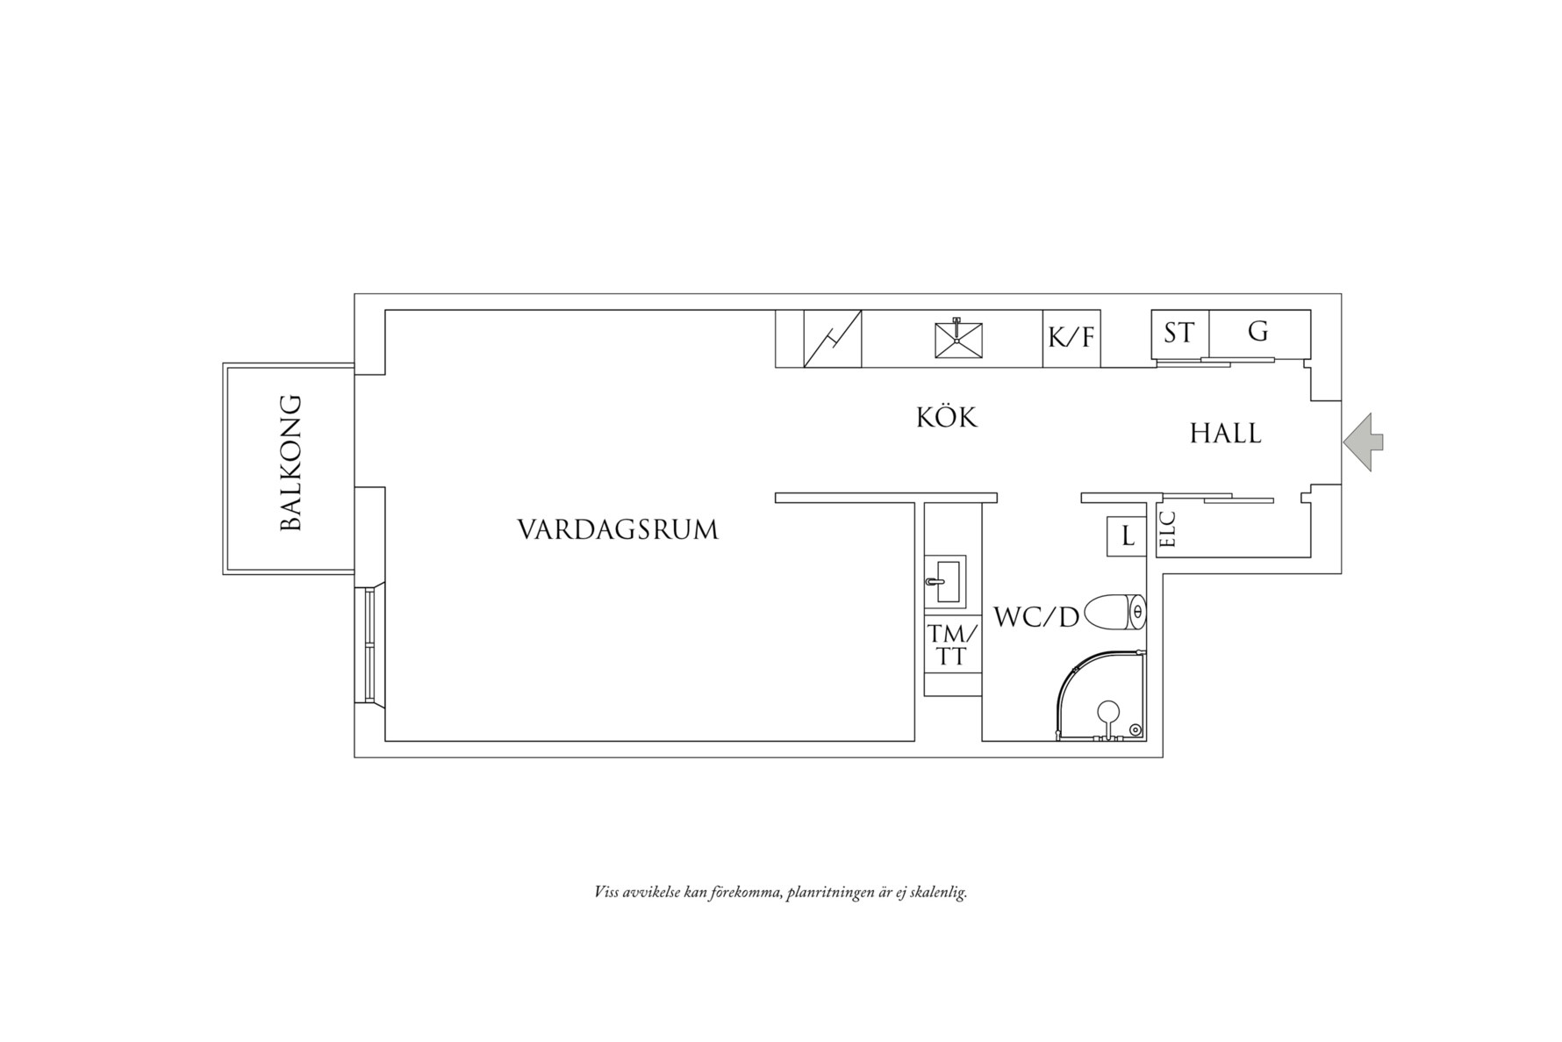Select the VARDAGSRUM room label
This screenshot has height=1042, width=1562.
[617, 530]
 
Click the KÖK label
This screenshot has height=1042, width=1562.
[947, 418]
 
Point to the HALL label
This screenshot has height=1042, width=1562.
[1225, 434]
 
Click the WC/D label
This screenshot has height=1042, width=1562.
[1035, 617]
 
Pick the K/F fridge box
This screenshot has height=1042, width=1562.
[1071, 338]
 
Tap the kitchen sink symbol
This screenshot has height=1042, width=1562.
[957, 339]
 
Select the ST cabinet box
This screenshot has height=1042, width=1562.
[1179, 334]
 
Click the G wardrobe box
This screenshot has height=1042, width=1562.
[1258, 333]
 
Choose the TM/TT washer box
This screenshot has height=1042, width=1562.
[951, 645]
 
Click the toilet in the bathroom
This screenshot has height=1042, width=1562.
[1116, 612]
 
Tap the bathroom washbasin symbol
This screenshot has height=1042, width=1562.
[945, 580]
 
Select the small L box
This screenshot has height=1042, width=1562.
[1127, 536]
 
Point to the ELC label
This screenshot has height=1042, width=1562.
[1167, 529]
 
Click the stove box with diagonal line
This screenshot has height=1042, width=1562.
[833, 338]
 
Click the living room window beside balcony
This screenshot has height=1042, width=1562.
[369, 644]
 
